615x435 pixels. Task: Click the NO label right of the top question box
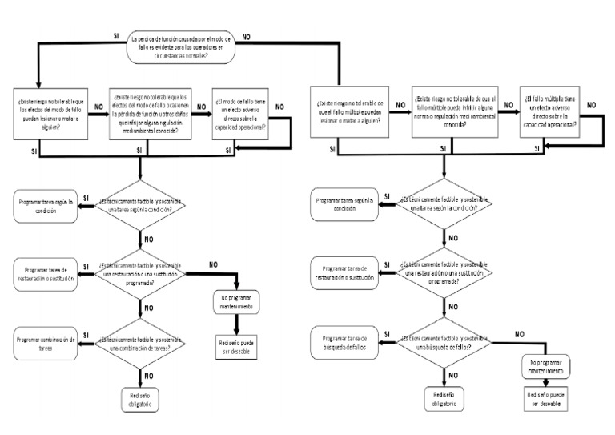tap(246, 37)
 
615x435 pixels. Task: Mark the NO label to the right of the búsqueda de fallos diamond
tap(519, 332)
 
